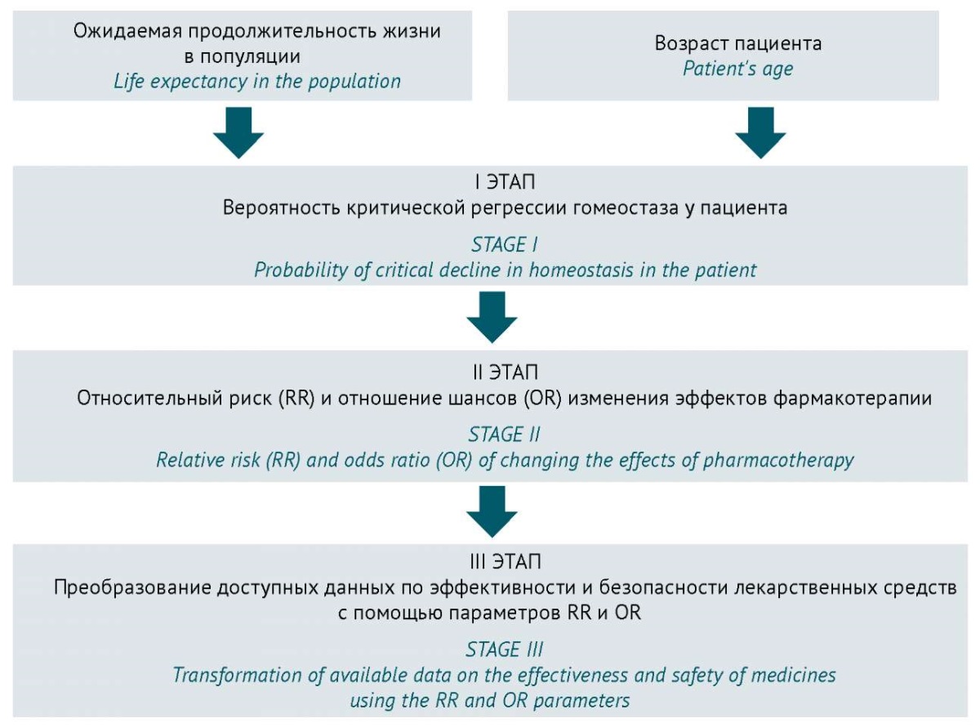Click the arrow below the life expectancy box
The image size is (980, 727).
coord(238,132)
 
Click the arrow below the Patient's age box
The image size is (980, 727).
coord(760,132)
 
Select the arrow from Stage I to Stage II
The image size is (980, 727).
coord(492,317)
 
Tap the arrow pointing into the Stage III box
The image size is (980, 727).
coord(492,512)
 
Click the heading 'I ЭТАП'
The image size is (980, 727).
coord(505,182)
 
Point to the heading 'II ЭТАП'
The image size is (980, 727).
coord(505,372)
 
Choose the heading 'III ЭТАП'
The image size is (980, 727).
coord(505,562)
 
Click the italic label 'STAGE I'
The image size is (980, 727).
coord(505,245)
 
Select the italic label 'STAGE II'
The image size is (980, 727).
coord(504,435)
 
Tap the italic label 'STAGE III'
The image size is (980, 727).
coord(504,649)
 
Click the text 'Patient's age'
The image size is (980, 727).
coord(738,69)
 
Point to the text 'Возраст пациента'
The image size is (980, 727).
coord(738,43)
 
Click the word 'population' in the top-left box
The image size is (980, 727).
coord(354,82)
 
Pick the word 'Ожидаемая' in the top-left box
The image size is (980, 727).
coord(126,31)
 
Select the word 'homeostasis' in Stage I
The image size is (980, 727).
coord(581,270)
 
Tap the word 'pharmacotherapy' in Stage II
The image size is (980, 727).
coord(778,461)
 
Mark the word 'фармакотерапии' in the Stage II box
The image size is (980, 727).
coord(853,398)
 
